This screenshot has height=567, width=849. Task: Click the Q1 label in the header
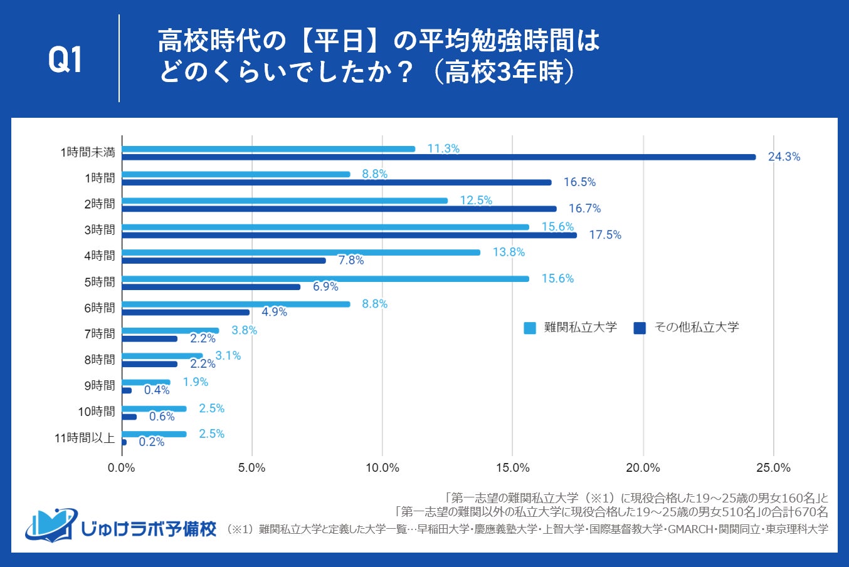pyautogui.click(x=65, y=60)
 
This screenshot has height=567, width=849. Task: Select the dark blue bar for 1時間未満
pyautogui.click(x=438, y=157)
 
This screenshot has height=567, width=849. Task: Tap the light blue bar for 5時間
pyautogui.click(x=325, y=279)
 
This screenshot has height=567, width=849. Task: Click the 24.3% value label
pyautogui.click(x=784, y=157)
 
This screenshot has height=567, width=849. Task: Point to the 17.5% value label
pyautogui.click(x=605, y=235)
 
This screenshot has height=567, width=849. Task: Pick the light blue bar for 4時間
pyautogui.click(x=301, y=252)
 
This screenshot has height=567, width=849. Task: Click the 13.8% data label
pyautogui.click(x=509, y=252)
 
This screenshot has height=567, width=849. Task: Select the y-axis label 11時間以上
pyautogui.click(x=85, y=438)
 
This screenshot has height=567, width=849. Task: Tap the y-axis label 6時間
pyautogui.click(x=100, y=308)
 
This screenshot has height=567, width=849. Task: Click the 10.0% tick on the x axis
pyautogui.click(x=382, y=468)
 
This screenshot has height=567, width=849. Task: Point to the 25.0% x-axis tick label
pyautogui.click(x=774, y=468)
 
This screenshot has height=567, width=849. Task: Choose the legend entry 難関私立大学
pyautogui.click(x=570, y=327)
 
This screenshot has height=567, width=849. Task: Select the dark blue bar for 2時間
pyautogui.click(x=339, y=209)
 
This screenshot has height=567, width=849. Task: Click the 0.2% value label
pyautogui.click(x=151, y=442)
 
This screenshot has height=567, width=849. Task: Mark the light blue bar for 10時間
pyautogui.click(x=154, y=408)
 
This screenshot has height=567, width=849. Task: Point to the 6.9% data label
pyautogui.click(x=325, y=287)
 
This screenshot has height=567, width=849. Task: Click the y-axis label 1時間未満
pyautogui.click(x=88, y=152)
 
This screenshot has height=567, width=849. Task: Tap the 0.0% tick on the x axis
pyautogui.click(x=122, y=468)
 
